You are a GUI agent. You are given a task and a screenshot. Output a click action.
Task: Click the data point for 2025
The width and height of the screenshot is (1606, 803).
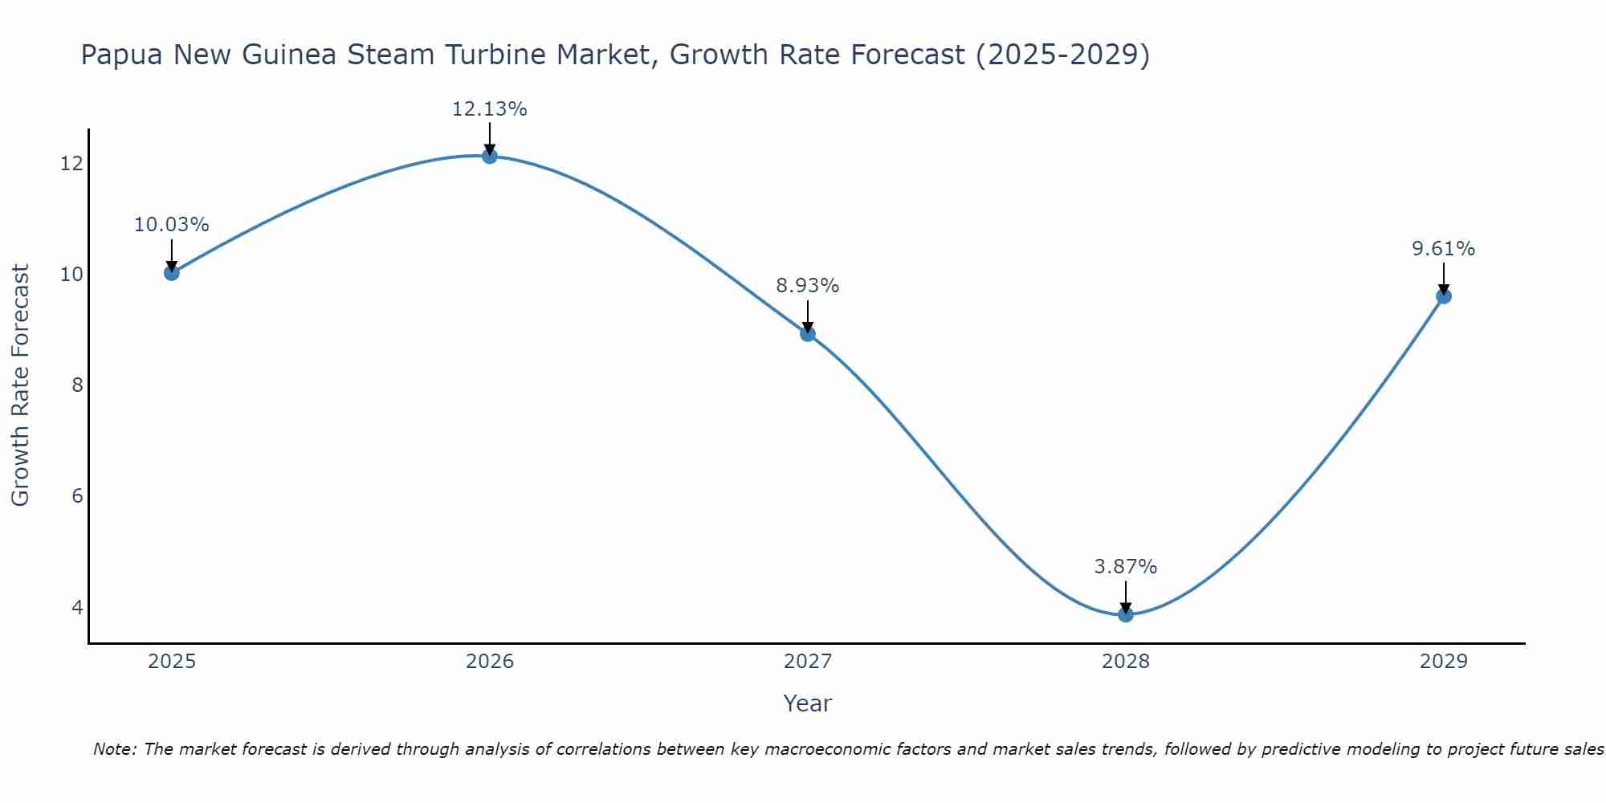click(171, 273)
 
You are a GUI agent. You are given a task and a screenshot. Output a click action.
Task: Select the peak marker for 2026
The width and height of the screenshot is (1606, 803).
click(490, 156)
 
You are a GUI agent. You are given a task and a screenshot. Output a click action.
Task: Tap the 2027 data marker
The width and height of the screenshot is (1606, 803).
click(808, 334)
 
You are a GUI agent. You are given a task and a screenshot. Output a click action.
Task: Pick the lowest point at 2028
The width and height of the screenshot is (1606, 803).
click(1126, 615)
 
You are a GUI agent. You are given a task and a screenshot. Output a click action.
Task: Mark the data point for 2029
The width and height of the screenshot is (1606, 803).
click(1444, 296)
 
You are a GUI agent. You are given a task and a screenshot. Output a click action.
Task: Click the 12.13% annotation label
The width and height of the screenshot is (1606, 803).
click(489, 109)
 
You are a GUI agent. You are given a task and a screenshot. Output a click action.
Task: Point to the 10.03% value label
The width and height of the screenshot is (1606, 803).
click(171, 225)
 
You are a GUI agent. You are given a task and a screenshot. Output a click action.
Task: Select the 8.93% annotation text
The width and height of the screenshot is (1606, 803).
click(807, 286)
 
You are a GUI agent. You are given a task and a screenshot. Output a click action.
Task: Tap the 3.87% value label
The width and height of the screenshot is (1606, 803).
click(1125, 567)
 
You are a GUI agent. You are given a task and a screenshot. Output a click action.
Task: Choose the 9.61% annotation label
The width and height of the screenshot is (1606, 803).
click(1443, 249)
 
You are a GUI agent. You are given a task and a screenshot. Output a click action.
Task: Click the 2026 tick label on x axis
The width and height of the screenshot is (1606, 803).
click(490, 662)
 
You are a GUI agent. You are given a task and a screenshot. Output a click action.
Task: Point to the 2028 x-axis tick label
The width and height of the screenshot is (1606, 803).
click(1126, 662)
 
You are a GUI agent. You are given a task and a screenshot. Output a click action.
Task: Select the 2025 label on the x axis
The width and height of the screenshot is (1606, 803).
click(172, 662)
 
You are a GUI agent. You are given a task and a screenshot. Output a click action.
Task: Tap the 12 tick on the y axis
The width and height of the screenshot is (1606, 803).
click(71, 164)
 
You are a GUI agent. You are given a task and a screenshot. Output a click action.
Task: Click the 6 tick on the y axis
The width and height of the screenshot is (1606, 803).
click(77, 496)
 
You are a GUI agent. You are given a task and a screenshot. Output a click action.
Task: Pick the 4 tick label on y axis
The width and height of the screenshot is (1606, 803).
click(77, 607)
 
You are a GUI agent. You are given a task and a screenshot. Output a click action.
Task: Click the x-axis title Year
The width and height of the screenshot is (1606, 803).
click(807, 703)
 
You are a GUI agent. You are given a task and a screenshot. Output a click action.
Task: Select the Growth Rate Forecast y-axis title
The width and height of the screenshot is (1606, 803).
click(20, 385)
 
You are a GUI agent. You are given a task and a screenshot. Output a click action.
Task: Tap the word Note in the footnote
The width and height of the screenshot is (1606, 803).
click(114, 749)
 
